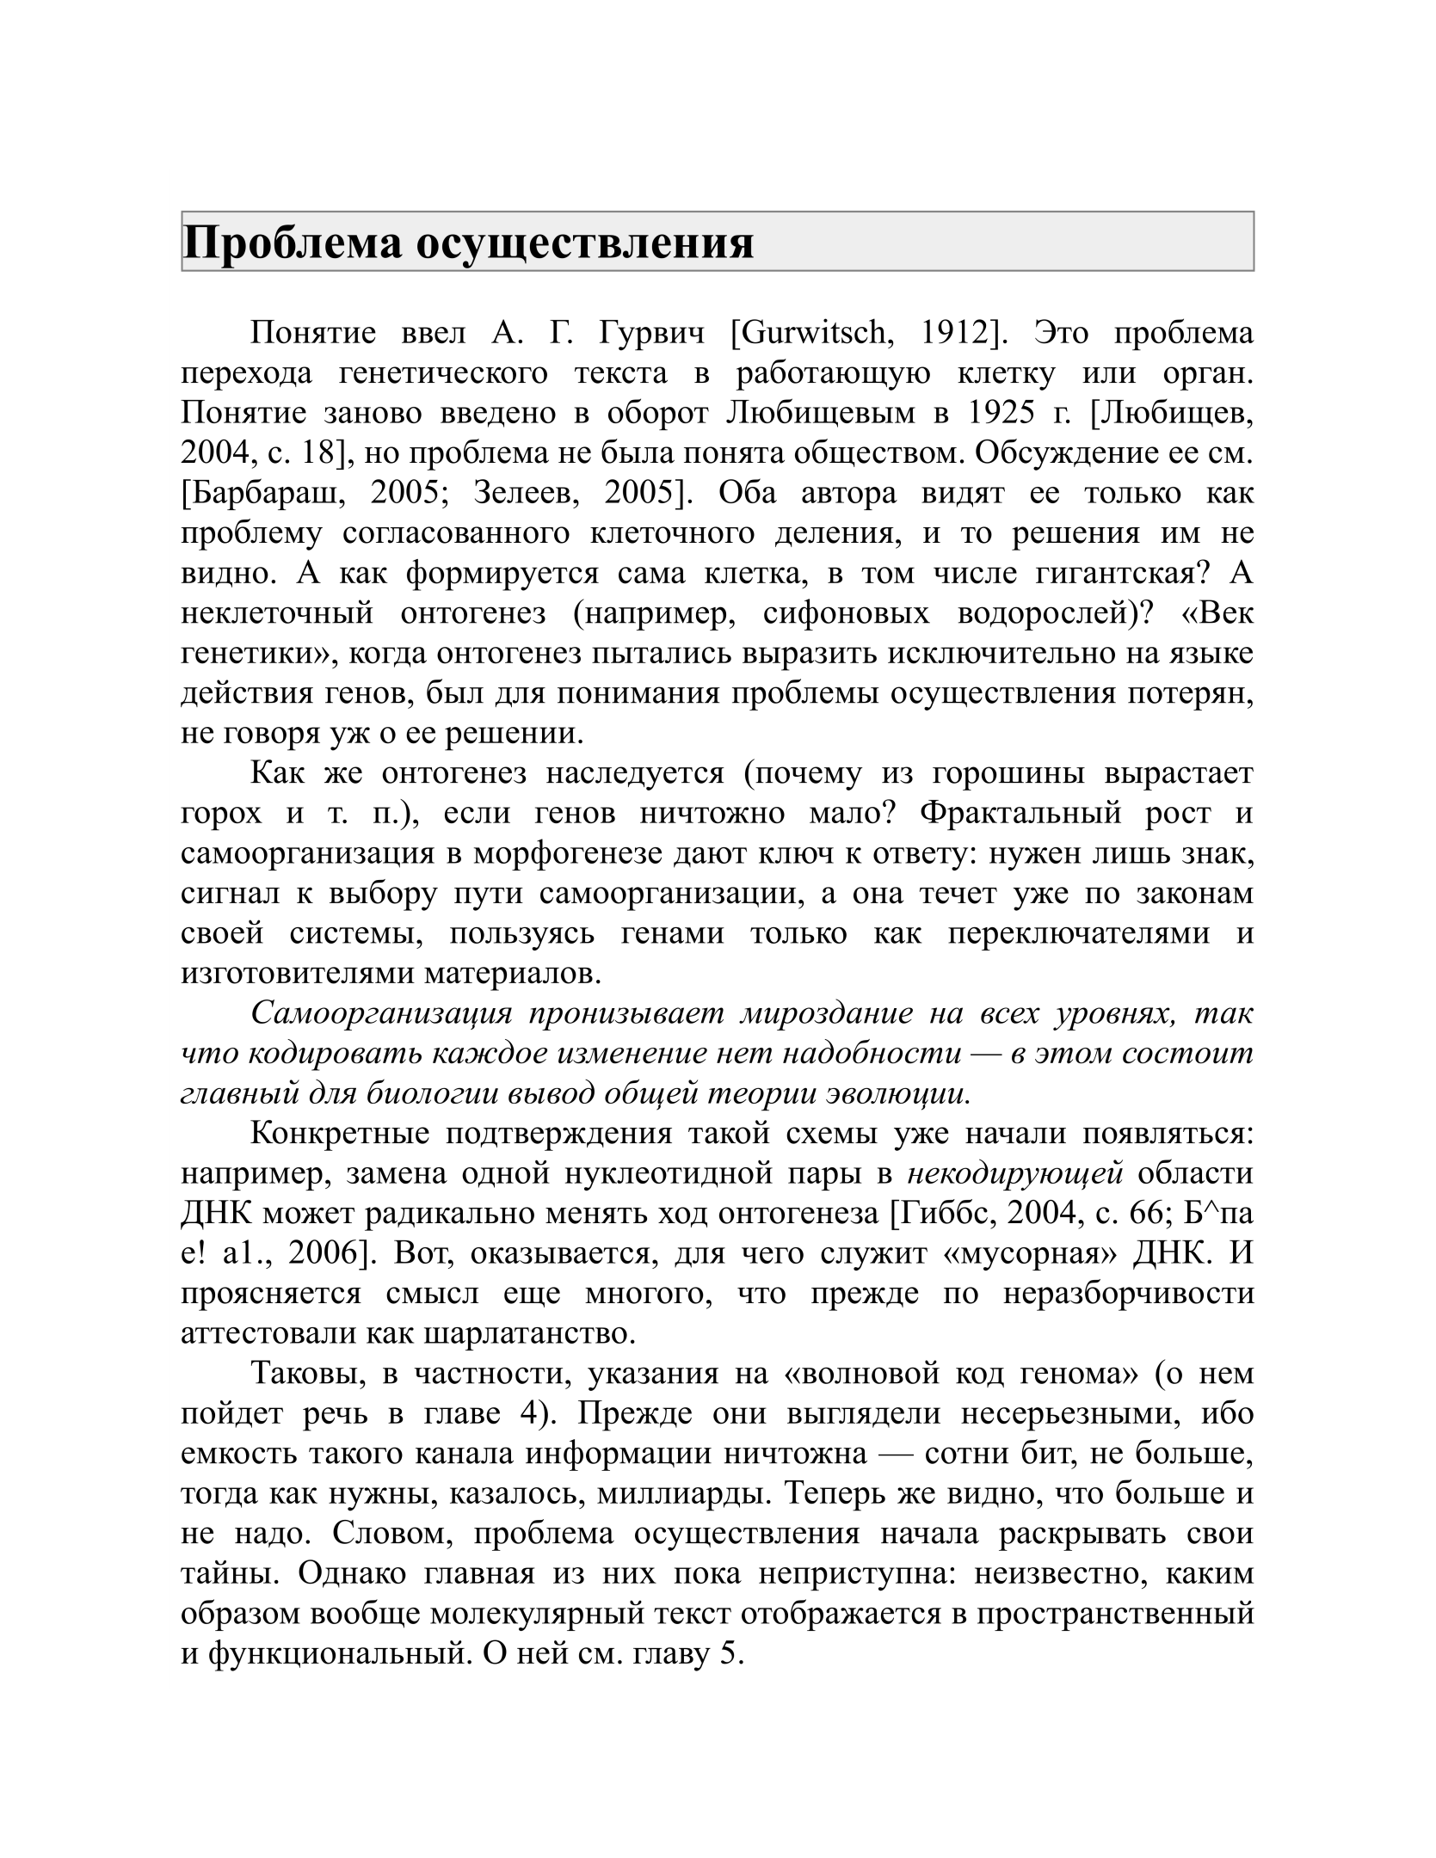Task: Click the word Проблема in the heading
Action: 292,243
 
